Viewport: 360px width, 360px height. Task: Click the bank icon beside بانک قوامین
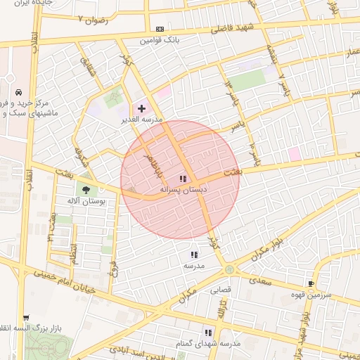pyautogui.click(x=160, y=29)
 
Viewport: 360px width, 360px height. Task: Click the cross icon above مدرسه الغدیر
pyautogui.click(x=142, y=108)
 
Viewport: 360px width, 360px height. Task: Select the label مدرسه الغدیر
pyautogui.click(x=141, y=120)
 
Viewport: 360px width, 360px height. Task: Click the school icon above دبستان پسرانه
pyautogui.click(x=183, y=179)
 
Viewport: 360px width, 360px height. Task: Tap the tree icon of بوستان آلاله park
pyautogui.click(x=86, y=189)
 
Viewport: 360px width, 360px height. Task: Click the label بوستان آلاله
pyautogui.click(x=86, y=201)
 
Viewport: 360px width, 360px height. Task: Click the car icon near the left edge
pyautogui.click(x=18, y=93)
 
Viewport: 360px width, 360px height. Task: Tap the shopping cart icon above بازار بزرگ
pyautogui.click(x=26, y=318)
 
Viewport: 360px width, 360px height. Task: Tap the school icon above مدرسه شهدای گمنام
pyautogui.click(x=208, y=332)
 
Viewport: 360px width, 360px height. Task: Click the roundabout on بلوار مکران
pyautogui.click(x=229, y=269)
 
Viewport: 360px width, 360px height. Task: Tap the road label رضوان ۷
pyautogui.click(x=95, y=19)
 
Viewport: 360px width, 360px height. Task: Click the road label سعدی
pyautogui.click(x=264, y=280)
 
